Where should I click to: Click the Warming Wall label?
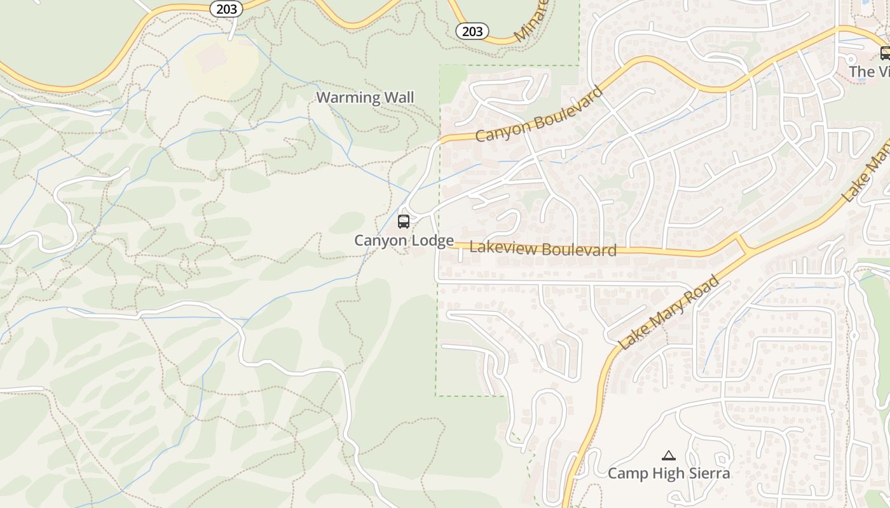[x=365, y=98]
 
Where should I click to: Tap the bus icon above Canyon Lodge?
[x=404, y=222]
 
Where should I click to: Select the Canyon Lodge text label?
[x=404, y=241]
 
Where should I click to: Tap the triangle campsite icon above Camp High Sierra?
[x=668, y=455]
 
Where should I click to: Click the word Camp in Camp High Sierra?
[x=627, y=474]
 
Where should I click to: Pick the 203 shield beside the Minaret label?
[x=472, y=30]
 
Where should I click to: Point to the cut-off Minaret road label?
[x=531, y=22]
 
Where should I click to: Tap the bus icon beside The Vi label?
[x=884, y=53]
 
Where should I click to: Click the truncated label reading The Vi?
[x=870, y=71]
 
